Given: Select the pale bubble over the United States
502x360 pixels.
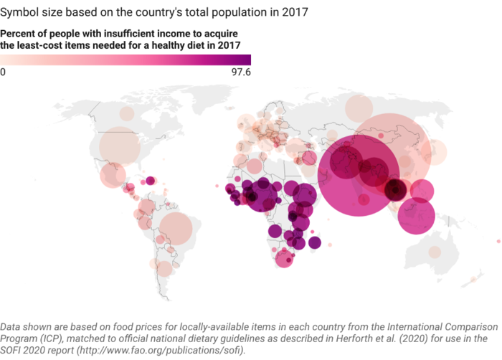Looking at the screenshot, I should pos(120,149).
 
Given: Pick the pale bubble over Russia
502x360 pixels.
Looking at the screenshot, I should pos(359,109).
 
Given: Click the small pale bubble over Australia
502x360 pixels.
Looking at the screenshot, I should pos(435,252).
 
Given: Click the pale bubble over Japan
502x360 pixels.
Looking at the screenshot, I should pos(437,151).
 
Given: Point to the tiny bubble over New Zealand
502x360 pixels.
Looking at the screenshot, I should pos(472,279).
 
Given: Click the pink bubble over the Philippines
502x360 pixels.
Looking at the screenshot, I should pos(422,191).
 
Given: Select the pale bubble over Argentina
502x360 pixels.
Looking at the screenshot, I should pos(165,269).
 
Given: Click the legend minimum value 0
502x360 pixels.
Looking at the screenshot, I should pos(4,72).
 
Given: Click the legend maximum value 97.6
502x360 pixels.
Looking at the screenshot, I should pos(240,72).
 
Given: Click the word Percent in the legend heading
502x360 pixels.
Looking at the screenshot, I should pos(16,34).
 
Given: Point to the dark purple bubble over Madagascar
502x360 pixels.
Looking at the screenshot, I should pos(315,243).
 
